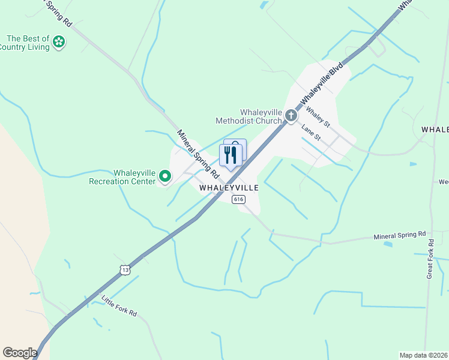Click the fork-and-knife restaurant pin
coord(231,155)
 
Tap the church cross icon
coord(291,115)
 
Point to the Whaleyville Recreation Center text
coord(122,177)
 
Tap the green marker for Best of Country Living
coord(59,41)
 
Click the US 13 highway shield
coord(124,270)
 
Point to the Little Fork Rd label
coord(119,305)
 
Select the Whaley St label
coord(318,116)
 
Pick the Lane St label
coord(312,133)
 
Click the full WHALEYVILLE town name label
coord(229,188)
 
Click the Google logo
coord(20,353)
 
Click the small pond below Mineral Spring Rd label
coord(388,245)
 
